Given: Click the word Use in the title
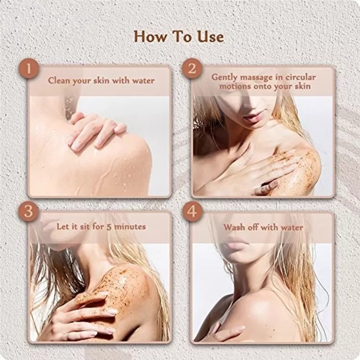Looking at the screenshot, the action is (x=211, y=37).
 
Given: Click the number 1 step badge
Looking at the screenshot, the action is (x=28, y=69).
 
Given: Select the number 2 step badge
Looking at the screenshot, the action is (x=192, y=69).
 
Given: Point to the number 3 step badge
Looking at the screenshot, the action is (x=28, y=211).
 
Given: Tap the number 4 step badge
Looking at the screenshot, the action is (x=192, y=211).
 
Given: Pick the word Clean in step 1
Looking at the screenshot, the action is (x=59, y=81).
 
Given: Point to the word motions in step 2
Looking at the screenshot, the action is (x=235, y=86).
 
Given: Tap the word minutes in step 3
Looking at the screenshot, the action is (x=130, y=227).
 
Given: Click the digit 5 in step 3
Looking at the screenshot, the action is (x=109, y=227).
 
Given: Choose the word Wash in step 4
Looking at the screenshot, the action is (x=233, y=228).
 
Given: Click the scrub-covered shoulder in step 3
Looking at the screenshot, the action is (x=124, y=285).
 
